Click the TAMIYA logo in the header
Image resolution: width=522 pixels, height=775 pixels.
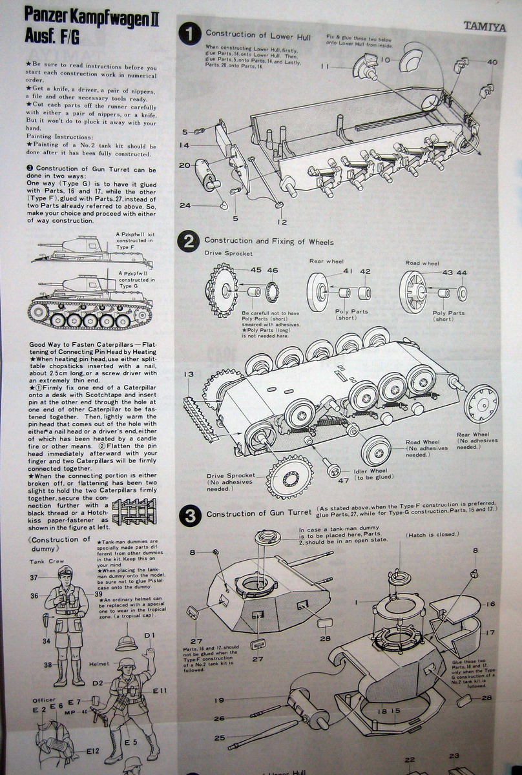click(x=484, y=26)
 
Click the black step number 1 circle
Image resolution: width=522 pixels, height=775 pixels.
click(x=189, y=35)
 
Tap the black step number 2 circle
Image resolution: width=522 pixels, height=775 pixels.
click(x=189, y=242)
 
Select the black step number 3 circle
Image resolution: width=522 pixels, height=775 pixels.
click(x=190, y=515)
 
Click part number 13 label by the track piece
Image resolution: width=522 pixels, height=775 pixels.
click(x=189, y=374)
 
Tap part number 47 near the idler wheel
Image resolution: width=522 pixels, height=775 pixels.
click(x=342, y=480)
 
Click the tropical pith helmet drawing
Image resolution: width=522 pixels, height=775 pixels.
click(x=127, y=641)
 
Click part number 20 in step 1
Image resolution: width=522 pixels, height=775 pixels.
click(x=184, y=165)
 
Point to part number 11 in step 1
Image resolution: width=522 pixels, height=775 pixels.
click(x=324, y=67)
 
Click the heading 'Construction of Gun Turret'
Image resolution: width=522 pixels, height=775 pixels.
click(x=258, y=515)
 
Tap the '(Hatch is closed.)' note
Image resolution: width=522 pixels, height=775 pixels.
click(x=432, y=535)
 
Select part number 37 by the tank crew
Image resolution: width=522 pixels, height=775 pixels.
click(x=34, y=577)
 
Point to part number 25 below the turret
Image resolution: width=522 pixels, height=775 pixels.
click(x=220, y=737)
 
